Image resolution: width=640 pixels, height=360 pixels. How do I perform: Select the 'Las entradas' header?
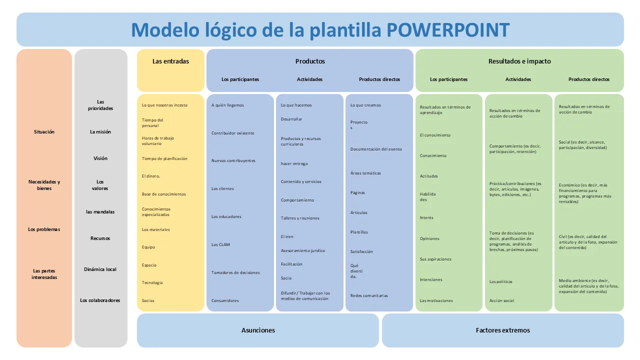170,61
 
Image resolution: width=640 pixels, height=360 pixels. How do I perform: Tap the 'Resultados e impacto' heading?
519,61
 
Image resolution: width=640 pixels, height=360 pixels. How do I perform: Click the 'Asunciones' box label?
258,330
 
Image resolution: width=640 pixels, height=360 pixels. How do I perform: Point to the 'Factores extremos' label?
502,330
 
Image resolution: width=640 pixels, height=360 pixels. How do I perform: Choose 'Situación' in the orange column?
44,132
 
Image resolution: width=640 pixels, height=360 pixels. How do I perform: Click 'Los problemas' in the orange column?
44,229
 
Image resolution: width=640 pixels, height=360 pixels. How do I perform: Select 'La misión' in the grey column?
100,132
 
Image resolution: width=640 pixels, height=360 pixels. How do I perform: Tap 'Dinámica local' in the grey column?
100,269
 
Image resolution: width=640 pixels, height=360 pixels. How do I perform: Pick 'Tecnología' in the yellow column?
152,283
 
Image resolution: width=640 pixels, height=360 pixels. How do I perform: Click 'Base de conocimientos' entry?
163,194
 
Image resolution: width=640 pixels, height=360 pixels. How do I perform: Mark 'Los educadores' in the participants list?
226,217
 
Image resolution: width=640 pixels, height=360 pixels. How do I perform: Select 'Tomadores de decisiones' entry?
235,273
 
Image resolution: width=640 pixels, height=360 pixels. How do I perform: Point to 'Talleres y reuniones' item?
300,218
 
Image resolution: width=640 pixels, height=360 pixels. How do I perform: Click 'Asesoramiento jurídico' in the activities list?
303,250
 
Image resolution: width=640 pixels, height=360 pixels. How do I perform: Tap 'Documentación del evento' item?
376,149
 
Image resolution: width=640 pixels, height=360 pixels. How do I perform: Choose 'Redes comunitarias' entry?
369,296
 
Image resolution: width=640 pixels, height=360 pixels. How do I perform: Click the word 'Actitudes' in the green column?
429,176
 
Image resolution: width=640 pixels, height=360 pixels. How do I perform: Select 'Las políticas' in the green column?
501,282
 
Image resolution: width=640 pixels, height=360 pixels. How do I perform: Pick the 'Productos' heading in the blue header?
310,61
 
